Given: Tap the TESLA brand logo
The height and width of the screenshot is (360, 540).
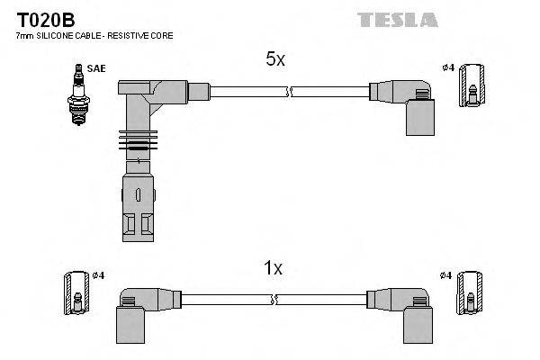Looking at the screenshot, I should point(397,19).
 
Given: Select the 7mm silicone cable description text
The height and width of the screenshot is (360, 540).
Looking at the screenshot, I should point(94,36).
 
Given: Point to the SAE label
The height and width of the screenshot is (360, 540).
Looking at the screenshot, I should point(94,68).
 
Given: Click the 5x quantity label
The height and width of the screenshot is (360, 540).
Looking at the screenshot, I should point(274,59).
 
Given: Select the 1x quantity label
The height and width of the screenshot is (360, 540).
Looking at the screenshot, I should point(274,267).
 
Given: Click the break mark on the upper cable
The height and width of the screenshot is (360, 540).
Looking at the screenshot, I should point(288,91).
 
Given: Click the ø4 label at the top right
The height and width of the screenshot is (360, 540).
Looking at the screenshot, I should point(447,68).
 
